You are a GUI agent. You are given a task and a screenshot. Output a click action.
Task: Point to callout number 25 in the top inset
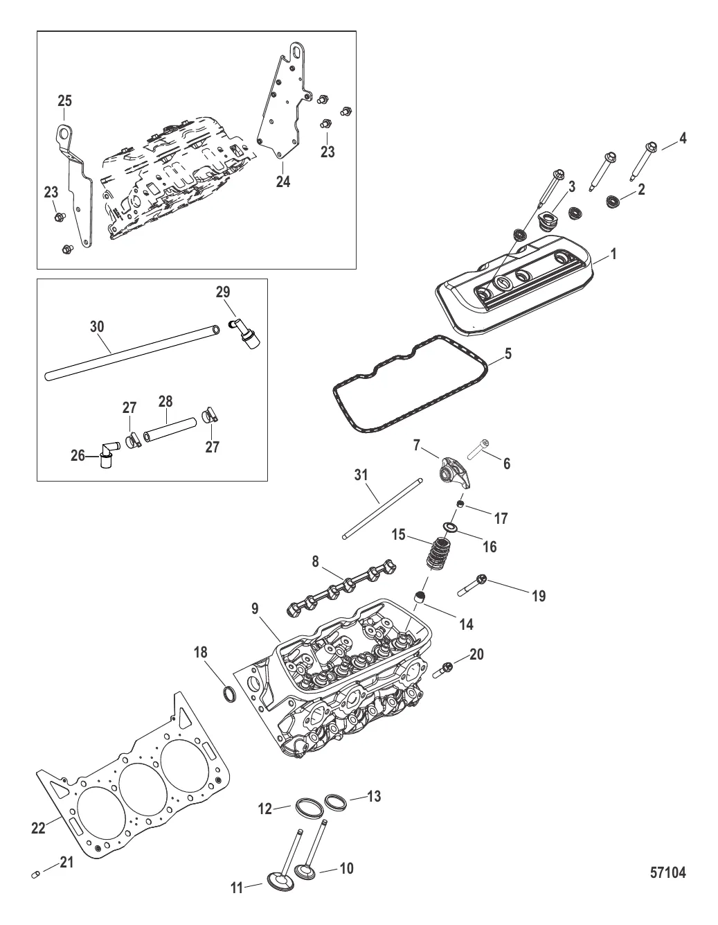(x=64, y=101)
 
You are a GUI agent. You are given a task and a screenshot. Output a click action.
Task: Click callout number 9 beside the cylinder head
(x=254, y=610)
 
